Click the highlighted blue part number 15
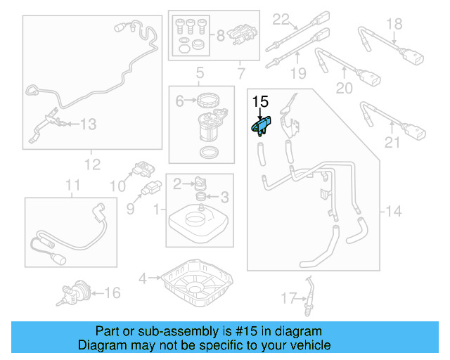click(262, 127)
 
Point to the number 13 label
click(88, 124)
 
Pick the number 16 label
click(112, 292)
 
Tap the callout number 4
click(143, 278)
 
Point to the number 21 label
click(392, 143)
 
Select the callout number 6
click(179, 101)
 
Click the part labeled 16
click(74, 291)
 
